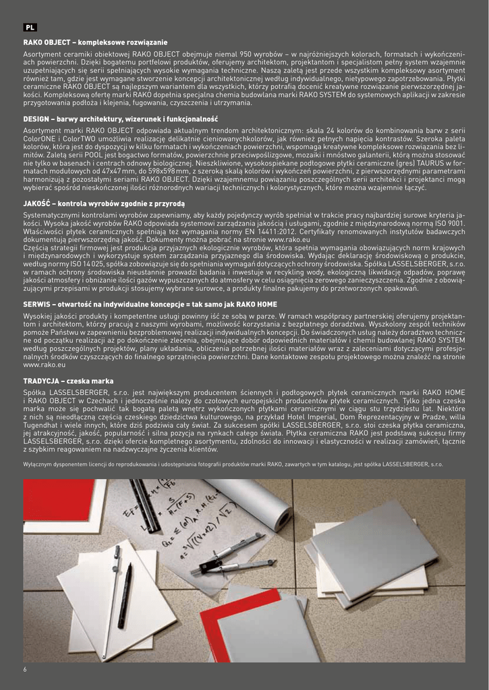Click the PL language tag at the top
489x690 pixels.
[x=30, y=28]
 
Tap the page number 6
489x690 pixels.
[x=25, y=669]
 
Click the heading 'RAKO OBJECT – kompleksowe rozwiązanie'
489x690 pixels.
[x=95, y=42]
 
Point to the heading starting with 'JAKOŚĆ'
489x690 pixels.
[x=103, y=203]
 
